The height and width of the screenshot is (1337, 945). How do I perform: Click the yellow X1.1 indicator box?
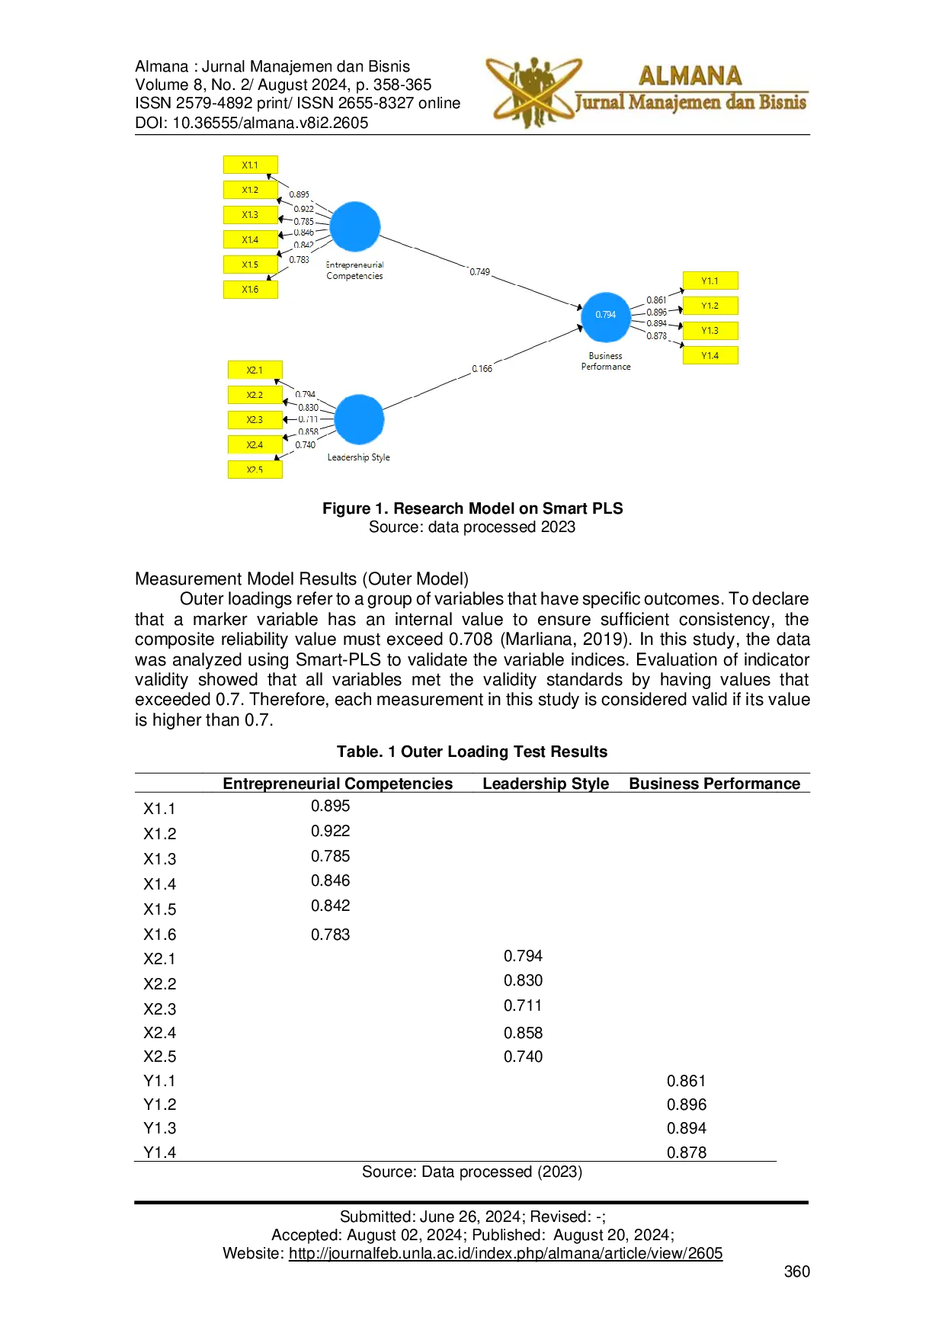click(x=250, y=165)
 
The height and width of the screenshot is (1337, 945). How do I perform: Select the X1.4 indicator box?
click(x=250, y=239)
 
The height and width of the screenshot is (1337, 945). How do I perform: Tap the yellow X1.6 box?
click(x=250, y=290)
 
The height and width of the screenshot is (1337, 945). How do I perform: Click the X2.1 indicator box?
click(x=255, y=370)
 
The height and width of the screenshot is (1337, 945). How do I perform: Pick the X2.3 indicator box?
click(x=255, y=420)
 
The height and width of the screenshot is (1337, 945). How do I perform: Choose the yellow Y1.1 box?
click(x=710, y=281)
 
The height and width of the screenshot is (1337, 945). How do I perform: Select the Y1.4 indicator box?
click(x=710, y=355)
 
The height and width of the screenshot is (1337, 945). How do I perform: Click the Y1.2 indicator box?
click(x=710, y=306)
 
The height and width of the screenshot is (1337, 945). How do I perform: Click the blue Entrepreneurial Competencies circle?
click(x=355, y=226)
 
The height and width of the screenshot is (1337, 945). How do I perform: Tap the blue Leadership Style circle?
click(x=359, y=419)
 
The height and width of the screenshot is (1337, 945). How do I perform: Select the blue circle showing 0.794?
click(x=606, y=316)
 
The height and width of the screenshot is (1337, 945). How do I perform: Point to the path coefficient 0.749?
click(x=479, y=272)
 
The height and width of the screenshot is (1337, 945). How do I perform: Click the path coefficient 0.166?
click(x=482, y=369)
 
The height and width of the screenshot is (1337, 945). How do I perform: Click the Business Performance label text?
click(x=606, y=361)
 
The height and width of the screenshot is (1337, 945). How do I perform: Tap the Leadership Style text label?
click(x=358, y=457)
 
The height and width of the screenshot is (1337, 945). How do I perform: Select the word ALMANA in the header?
click(x=690, y=75)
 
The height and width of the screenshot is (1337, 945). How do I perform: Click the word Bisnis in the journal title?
click(x=782, y=102)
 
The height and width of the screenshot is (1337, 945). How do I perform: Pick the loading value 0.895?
click(x=299, y=194)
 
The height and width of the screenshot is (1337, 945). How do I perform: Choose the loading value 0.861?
click(x=655, y=300)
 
